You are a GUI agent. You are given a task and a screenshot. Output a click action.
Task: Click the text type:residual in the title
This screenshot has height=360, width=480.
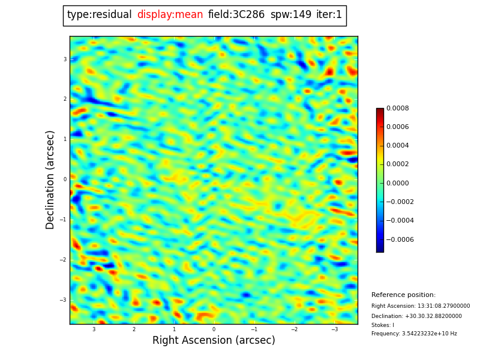pyautogui.click(x=99, y=15)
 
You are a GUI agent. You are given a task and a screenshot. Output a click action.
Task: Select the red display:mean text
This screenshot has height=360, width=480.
pyautogui.click(x=170, y=15)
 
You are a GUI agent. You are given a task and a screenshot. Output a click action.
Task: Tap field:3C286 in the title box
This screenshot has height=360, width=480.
pyautogui.click(x=236, y=15)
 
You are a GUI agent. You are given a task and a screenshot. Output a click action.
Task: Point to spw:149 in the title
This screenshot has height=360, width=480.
pyautogui.click(x=290, y=15)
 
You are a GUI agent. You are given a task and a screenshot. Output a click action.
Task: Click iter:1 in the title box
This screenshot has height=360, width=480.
pyautogui.click(x=329, y=15)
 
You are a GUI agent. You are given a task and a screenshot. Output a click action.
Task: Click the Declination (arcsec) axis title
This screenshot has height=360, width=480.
pyautogui.click(x=50, y=179)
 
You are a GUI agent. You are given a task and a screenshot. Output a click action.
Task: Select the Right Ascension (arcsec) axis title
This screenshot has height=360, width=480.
pyautogui.click(x=214, y=341)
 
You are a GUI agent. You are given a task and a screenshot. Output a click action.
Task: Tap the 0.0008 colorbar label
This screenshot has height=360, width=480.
pyautogui.click(x=398, y=109)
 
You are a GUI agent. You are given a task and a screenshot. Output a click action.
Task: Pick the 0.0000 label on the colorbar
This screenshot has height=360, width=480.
pyautogui.click(x=398, y=183)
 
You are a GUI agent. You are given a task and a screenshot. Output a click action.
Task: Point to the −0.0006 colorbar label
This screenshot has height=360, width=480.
pyautogui.click(x=400, y=239)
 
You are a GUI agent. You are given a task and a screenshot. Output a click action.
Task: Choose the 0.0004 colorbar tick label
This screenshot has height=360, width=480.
pyautogui.click(x=398, y=146)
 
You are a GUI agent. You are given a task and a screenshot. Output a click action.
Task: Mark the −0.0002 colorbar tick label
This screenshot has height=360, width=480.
pyautogui.click(x=400, y=202)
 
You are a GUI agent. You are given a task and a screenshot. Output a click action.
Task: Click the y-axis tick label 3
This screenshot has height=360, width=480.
pyautogui.click(x=65, y=59)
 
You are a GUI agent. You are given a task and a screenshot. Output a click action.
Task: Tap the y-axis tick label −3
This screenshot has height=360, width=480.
pyautogui.click(x=64, y=300)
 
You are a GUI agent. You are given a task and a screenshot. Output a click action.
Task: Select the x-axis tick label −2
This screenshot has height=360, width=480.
pyautogui.click(x=295, y=329)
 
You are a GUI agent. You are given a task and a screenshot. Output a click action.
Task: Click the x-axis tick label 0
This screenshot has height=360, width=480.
pyautogui.click(x=214, y=329)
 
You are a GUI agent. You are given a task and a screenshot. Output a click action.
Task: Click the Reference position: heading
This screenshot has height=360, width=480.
pyautogui.click(x=403, y=295)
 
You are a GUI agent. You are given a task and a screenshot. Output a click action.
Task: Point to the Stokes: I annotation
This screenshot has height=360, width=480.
pyautogui.click(x=383, y=325)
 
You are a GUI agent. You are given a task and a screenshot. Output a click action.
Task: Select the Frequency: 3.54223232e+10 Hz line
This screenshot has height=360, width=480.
pyautogui.click(x=414, y=334)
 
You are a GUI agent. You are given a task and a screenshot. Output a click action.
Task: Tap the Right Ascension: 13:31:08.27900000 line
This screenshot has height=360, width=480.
pyautogui.click(x=421, y=306)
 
